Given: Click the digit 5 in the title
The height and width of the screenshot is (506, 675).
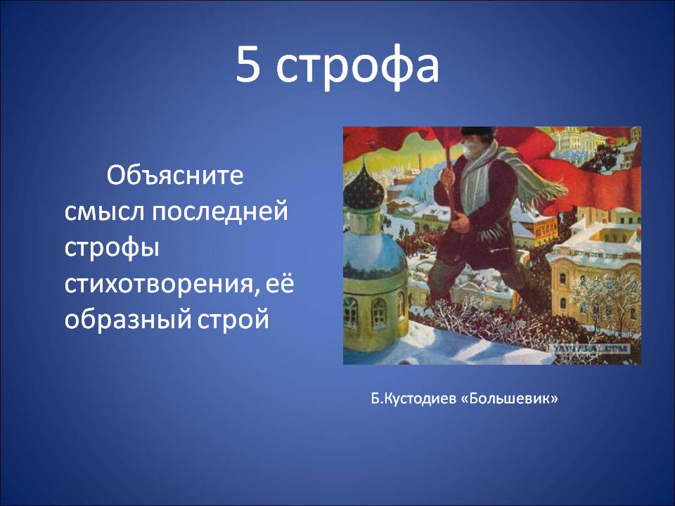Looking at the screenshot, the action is click(248, 64).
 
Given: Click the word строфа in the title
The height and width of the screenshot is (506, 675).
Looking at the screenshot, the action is click(357, 67).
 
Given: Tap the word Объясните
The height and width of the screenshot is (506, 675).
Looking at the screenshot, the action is click(175, 175).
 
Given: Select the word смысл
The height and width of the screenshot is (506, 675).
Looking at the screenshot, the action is click(103, 212).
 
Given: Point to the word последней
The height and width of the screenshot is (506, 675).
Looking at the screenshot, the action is click(219, 212).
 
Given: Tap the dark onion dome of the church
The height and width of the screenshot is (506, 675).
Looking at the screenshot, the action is click(364, 188).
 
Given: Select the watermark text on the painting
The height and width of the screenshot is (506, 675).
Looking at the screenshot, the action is click(590, 349).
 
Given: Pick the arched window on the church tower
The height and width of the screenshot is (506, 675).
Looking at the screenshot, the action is click(379, 312).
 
